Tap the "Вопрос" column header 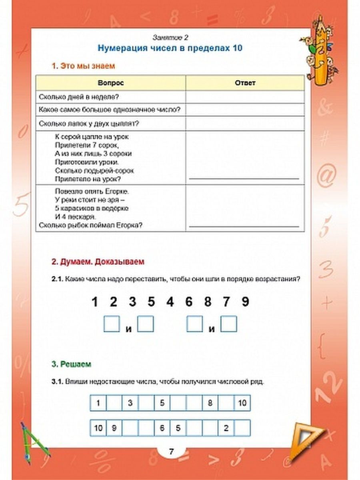pos(110,83)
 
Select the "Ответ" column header pos(245,83)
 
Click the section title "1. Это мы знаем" pos(83,66)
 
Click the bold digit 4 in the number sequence pos(170,302)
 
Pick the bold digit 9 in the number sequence pos(245,302)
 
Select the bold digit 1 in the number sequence pos(95,302)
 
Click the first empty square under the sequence pos(112,324)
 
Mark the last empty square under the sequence pos(229,324)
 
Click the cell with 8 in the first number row pos(210,403)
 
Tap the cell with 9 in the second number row pos(114,428)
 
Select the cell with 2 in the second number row pos(226,428)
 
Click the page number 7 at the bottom pos(171,452)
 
